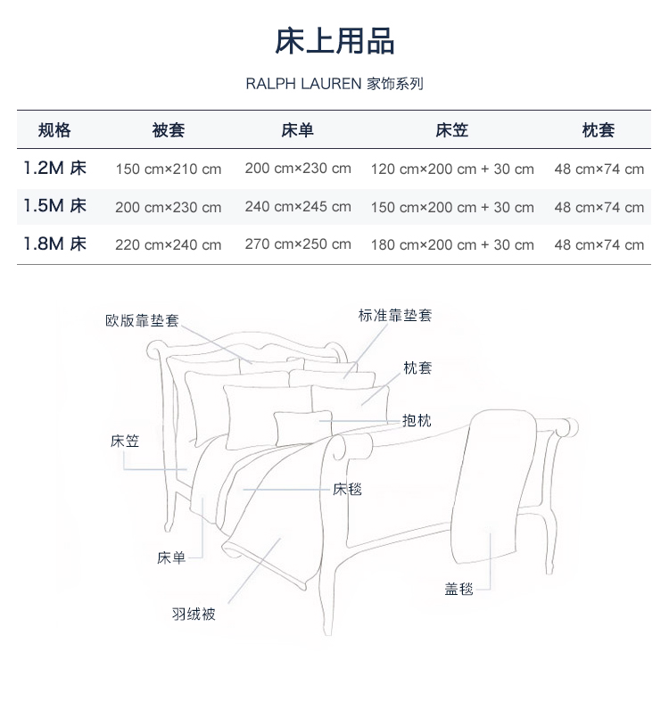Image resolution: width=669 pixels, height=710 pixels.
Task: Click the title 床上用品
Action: (334, 41)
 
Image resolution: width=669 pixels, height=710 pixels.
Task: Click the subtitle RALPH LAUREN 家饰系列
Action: (334, 84)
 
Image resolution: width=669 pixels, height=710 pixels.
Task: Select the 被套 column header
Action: (168, 130)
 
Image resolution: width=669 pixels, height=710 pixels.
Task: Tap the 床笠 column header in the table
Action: (451, 130)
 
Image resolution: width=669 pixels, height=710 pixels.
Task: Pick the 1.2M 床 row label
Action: (54, 168)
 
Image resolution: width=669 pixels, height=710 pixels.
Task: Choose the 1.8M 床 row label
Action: (54, 244)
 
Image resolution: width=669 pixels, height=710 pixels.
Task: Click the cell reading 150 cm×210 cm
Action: (168, 169)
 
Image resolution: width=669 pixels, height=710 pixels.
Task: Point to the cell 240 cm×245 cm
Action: (298, 206)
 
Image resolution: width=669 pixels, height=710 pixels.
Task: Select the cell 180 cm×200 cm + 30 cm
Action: (452, 244)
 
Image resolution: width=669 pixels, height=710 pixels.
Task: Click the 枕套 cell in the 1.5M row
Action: (599, 207)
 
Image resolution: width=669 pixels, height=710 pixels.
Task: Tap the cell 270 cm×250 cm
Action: (298, 244)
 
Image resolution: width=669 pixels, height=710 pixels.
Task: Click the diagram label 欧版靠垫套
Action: (142, 320)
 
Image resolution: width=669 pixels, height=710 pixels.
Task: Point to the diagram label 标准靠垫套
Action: (394, 315)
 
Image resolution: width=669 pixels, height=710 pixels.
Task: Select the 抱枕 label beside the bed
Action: (417, 421)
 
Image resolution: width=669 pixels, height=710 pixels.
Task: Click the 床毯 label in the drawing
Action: (347, 489)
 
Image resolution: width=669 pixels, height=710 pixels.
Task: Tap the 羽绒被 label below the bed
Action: (194, 614)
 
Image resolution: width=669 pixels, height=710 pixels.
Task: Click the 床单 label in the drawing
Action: (171, 558)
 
